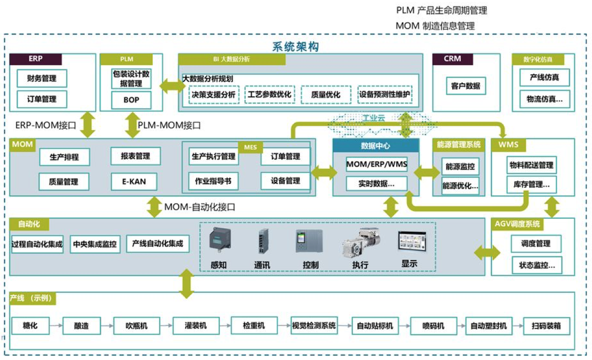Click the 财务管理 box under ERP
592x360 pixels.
point(42,79)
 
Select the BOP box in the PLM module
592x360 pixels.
point(131,100)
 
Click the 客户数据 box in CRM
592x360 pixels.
point(466,87)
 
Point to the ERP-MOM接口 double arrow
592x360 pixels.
point(88,124)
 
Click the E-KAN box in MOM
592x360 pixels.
point(135,181)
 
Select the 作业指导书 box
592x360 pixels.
point(213,181)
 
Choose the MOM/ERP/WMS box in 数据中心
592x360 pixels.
point(376,165)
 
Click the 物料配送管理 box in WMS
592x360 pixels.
point(531,165)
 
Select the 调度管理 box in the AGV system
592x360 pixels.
point(535,243)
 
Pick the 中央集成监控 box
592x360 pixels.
point(94,244)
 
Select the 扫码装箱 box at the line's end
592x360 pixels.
point(546,326)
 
